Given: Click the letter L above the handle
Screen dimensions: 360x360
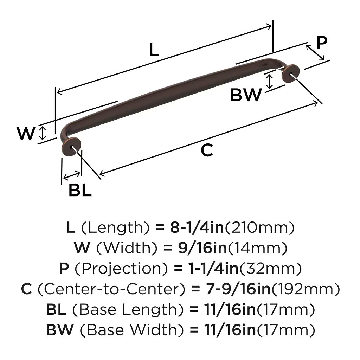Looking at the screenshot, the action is [154, 50].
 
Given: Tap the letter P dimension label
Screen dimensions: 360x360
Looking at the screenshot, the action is [322, 42].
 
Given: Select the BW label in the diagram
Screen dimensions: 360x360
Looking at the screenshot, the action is [246, 95].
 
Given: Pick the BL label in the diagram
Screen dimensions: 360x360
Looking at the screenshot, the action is [80, 190].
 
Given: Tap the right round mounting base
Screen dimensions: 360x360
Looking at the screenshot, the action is [290, 74].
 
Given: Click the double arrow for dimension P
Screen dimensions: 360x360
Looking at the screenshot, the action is [315, 53].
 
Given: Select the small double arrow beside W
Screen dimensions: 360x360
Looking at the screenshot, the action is [43, 133].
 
